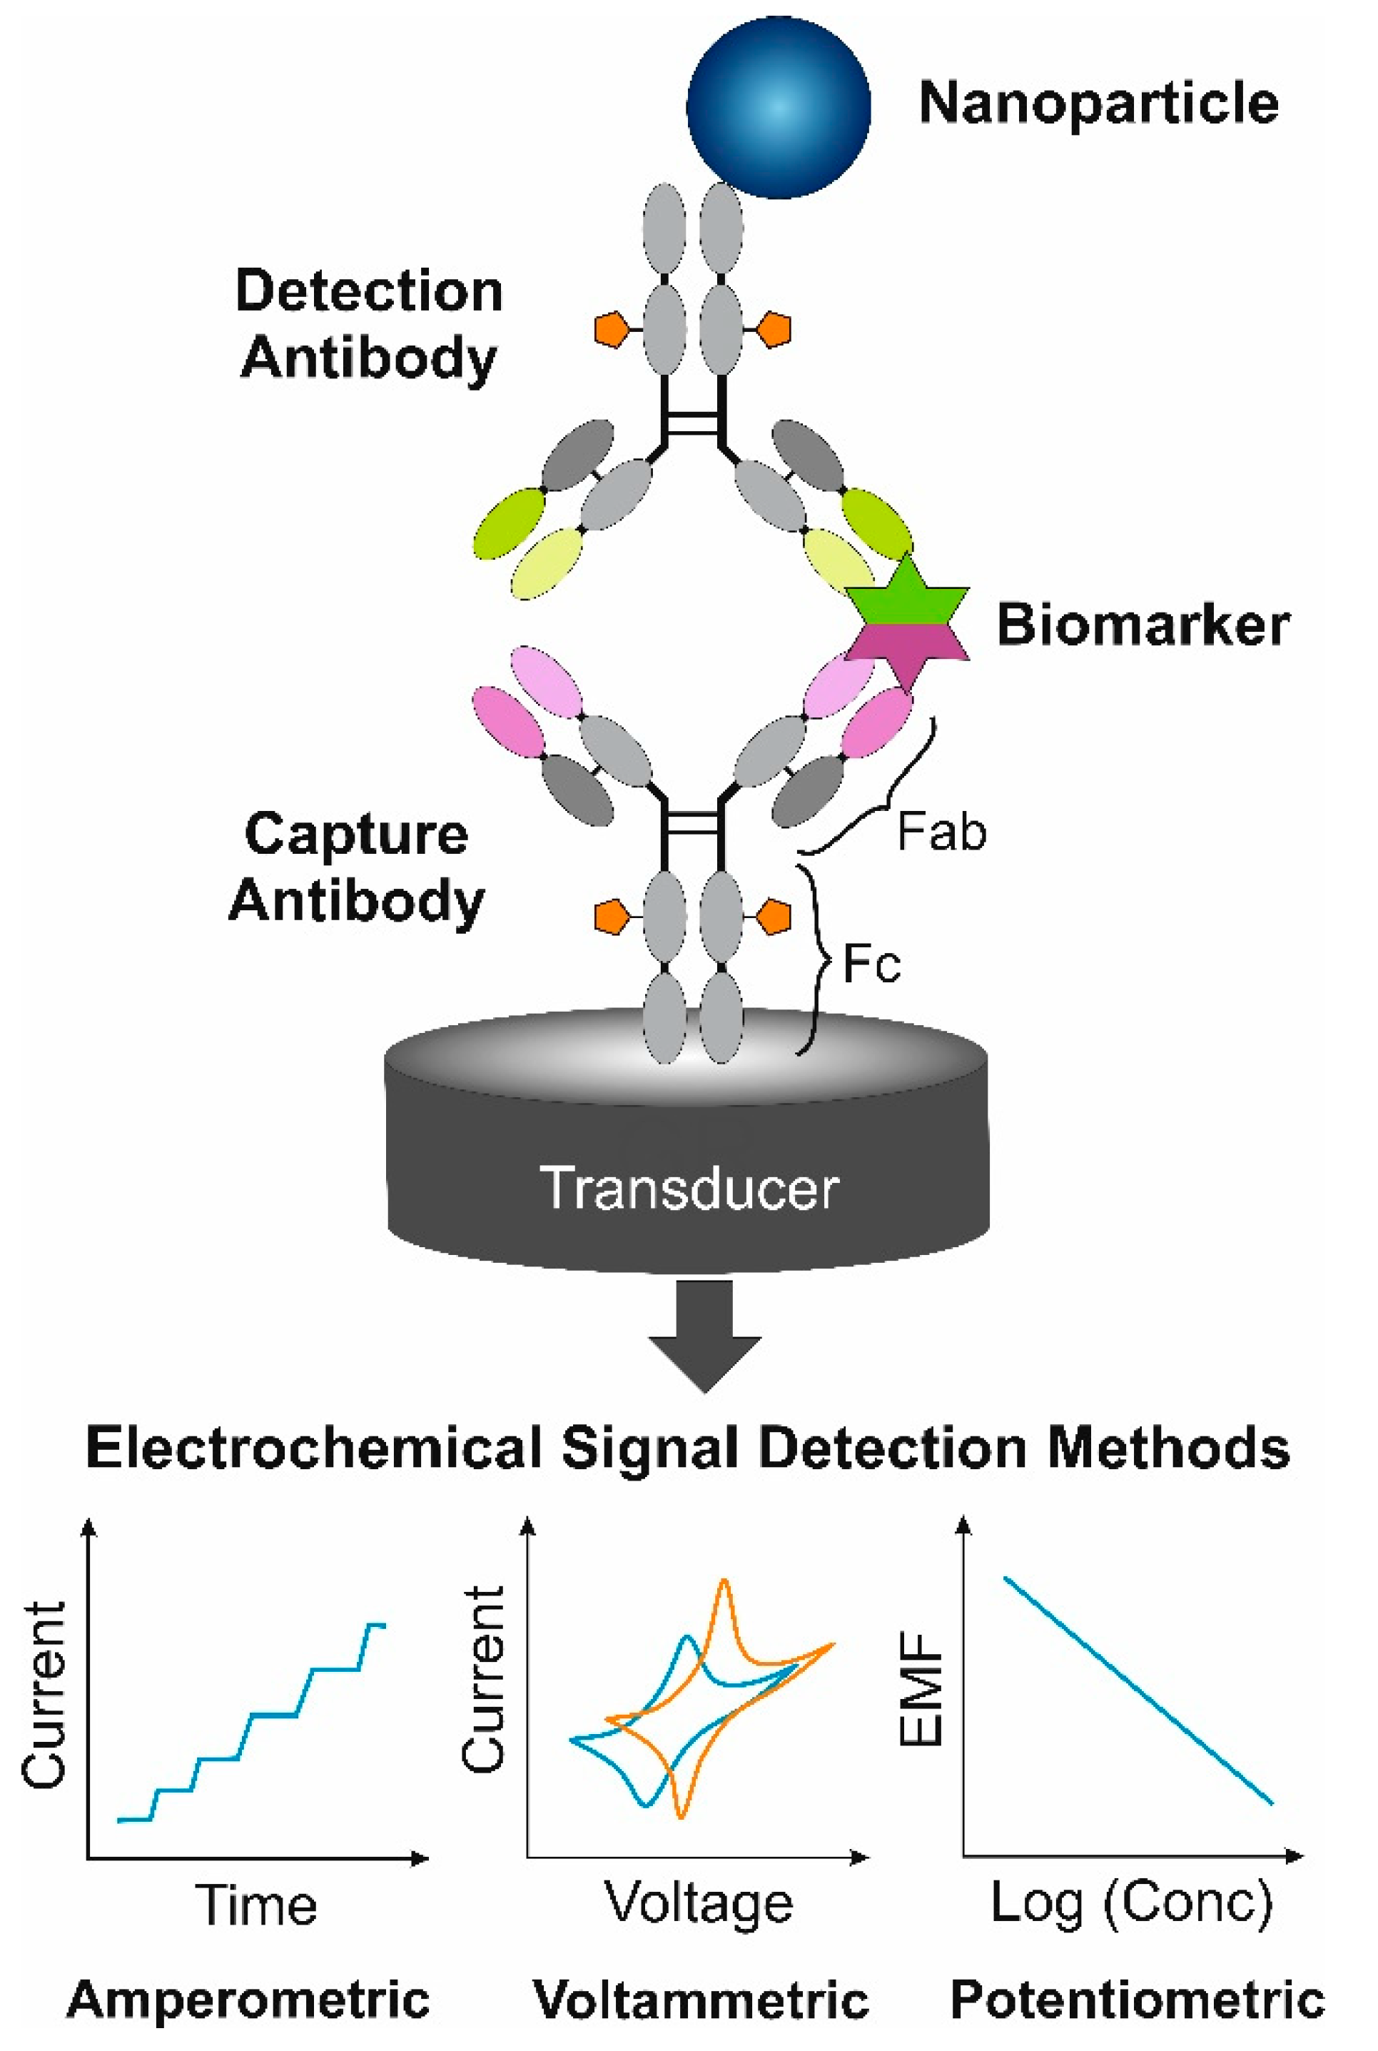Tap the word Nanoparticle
pos(1098,104)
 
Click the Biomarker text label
pos(1143,625)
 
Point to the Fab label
pos(941,832)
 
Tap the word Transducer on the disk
pos(689,1189)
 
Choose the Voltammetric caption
pos(701,2000)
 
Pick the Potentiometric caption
pos(1138,2000)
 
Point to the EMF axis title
pos(922,1690)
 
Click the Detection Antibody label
pos(369,324)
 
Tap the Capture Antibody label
pos(356,867)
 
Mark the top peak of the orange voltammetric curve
pos(724,1581)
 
